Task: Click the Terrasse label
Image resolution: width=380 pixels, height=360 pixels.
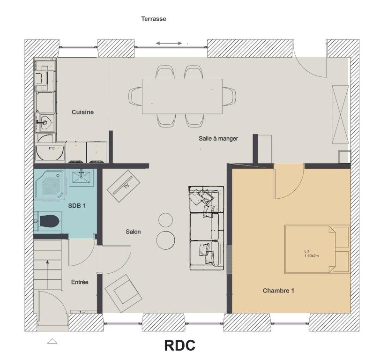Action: click(154, 19)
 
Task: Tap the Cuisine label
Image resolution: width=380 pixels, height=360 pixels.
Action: click(82, 112)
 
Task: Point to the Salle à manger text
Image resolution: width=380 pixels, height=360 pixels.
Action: click(218, 138)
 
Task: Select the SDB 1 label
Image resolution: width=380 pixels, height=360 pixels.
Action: click(77, 206)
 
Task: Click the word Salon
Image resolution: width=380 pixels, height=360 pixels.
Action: click(133, 232)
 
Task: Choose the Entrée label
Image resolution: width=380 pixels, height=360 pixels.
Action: click(80, 282)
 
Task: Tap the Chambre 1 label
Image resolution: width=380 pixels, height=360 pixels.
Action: click(278, 291)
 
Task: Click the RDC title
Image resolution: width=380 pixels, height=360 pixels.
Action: click(179, 345)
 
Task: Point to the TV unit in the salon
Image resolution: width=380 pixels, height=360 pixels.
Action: click(124, 186)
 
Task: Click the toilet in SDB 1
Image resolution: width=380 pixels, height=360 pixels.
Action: click(47, 221)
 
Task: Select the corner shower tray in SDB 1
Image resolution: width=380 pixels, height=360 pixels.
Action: click(50, 185)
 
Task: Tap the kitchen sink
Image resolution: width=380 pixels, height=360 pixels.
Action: click(45, 122)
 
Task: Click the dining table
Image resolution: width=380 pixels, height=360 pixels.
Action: click(182, 96)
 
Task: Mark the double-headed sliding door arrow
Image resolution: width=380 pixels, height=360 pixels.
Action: click(169, 44)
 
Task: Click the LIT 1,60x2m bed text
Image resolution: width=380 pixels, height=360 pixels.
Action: click(312, 254)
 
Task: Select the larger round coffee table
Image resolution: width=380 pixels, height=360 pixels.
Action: click(166, 240)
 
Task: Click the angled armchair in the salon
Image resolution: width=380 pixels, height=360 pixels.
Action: click(123, 293)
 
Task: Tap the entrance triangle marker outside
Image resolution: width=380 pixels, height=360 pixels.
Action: click(52, 341)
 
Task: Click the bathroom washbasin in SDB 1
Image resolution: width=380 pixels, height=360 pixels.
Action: click(81, 177)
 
